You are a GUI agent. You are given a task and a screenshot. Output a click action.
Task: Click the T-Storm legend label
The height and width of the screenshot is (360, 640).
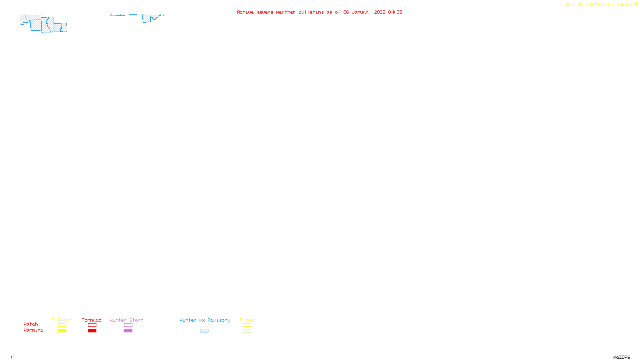click(62, 320)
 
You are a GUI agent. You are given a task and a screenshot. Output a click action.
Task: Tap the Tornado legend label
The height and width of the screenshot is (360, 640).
click(92, 320)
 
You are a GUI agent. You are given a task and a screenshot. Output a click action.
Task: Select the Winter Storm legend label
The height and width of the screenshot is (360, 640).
click(126, 320)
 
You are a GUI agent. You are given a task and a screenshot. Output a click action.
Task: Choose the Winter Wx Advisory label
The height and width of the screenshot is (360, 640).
click(205, 320)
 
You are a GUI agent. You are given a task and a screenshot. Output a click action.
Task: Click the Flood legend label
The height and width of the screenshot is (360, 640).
click(247, 320)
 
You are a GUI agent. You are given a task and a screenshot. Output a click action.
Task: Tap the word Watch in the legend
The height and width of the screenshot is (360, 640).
click(31, 324)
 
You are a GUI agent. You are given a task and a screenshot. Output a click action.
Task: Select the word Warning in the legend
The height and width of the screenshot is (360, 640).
click(34, 330)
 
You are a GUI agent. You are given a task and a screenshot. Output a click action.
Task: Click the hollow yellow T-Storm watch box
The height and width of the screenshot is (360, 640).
click(62, 325)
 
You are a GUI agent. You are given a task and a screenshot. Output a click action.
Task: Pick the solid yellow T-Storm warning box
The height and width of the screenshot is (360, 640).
click(62, 331)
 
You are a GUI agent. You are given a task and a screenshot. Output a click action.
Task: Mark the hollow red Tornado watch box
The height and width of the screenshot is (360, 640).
click(92, 325)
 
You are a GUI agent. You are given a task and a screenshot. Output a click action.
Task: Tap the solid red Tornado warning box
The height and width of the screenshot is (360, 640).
click(92, 331)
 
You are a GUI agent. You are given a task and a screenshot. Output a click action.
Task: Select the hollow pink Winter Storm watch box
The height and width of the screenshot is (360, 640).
click(128, 325)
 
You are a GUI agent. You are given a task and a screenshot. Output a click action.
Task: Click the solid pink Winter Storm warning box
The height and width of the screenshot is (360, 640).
click(128, 331)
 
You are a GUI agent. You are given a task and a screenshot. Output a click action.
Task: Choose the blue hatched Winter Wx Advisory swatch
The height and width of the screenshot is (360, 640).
click(204, 331)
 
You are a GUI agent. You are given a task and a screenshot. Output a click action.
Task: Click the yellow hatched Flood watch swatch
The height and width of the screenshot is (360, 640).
click(247, 325)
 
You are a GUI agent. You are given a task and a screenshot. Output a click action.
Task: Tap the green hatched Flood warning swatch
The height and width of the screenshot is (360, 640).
click(247, 331)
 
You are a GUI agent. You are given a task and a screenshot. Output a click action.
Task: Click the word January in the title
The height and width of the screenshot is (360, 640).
click(362, 12)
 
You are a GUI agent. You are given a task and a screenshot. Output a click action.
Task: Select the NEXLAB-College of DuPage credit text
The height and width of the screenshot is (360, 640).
click(600, 5)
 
